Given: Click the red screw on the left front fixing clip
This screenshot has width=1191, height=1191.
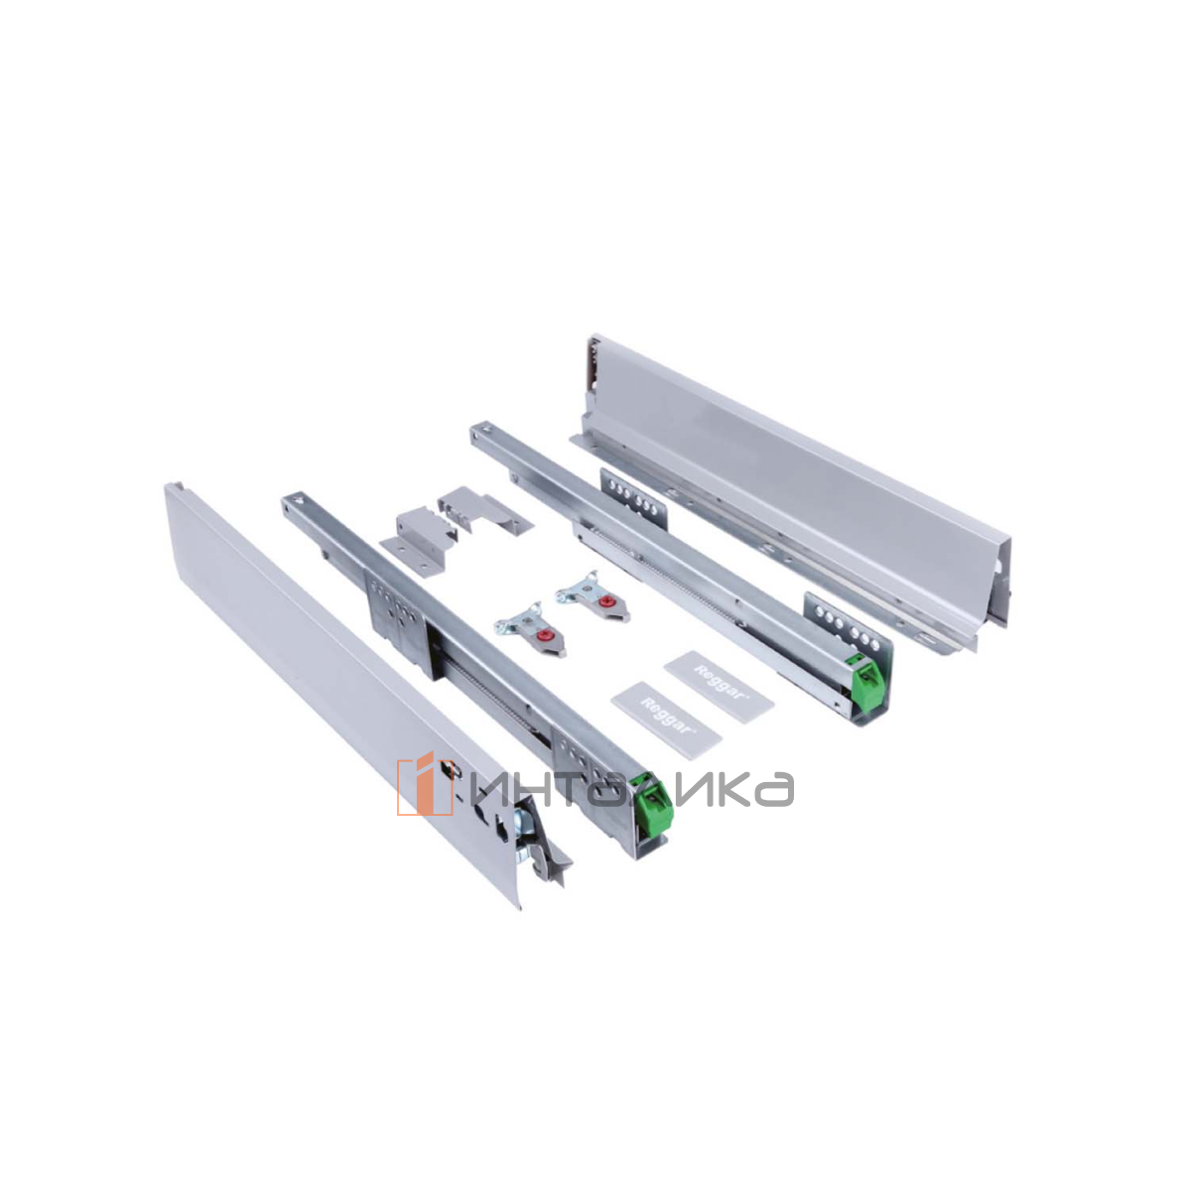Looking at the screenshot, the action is (x=544, y=636).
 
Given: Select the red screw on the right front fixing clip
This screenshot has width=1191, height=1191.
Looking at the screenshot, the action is (x=604, y=599).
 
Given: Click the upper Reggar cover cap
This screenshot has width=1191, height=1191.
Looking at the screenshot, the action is (x=719, y=685).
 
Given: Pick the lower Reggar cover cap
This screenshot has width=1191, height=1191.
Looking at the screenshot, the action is (x=666, y=716).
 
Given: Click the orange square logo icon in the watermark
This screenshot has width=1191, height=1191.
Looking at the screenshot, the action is (x=425, y=784).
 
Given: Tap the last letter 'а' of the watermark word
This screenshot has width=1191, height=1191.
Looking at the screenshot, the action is (x=774, y=789).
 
